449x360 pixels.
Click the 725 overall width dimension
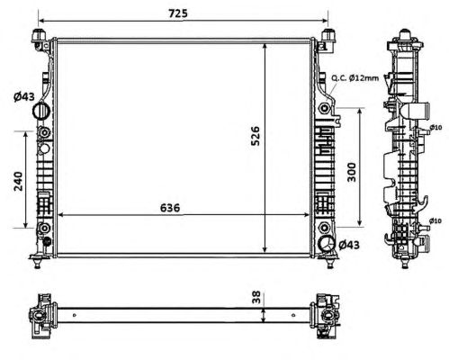(178, 13)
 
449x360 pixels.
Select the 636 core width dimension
(170, 208)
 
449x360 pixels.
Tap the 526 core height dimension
(256, 136)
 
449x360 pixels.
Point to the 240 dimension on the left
(18, 181)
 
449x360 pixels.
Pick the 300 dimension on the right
(352, 172)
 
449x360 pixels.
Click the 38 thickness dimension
(256, 297)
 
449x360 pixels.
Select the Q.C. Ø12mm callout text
(355, 78)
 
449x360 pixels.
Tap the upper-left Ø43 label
(24, 96)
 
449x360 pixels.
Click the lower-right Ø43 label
(349, 245)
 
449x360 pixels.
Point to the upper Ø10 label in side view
(436, 127)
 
